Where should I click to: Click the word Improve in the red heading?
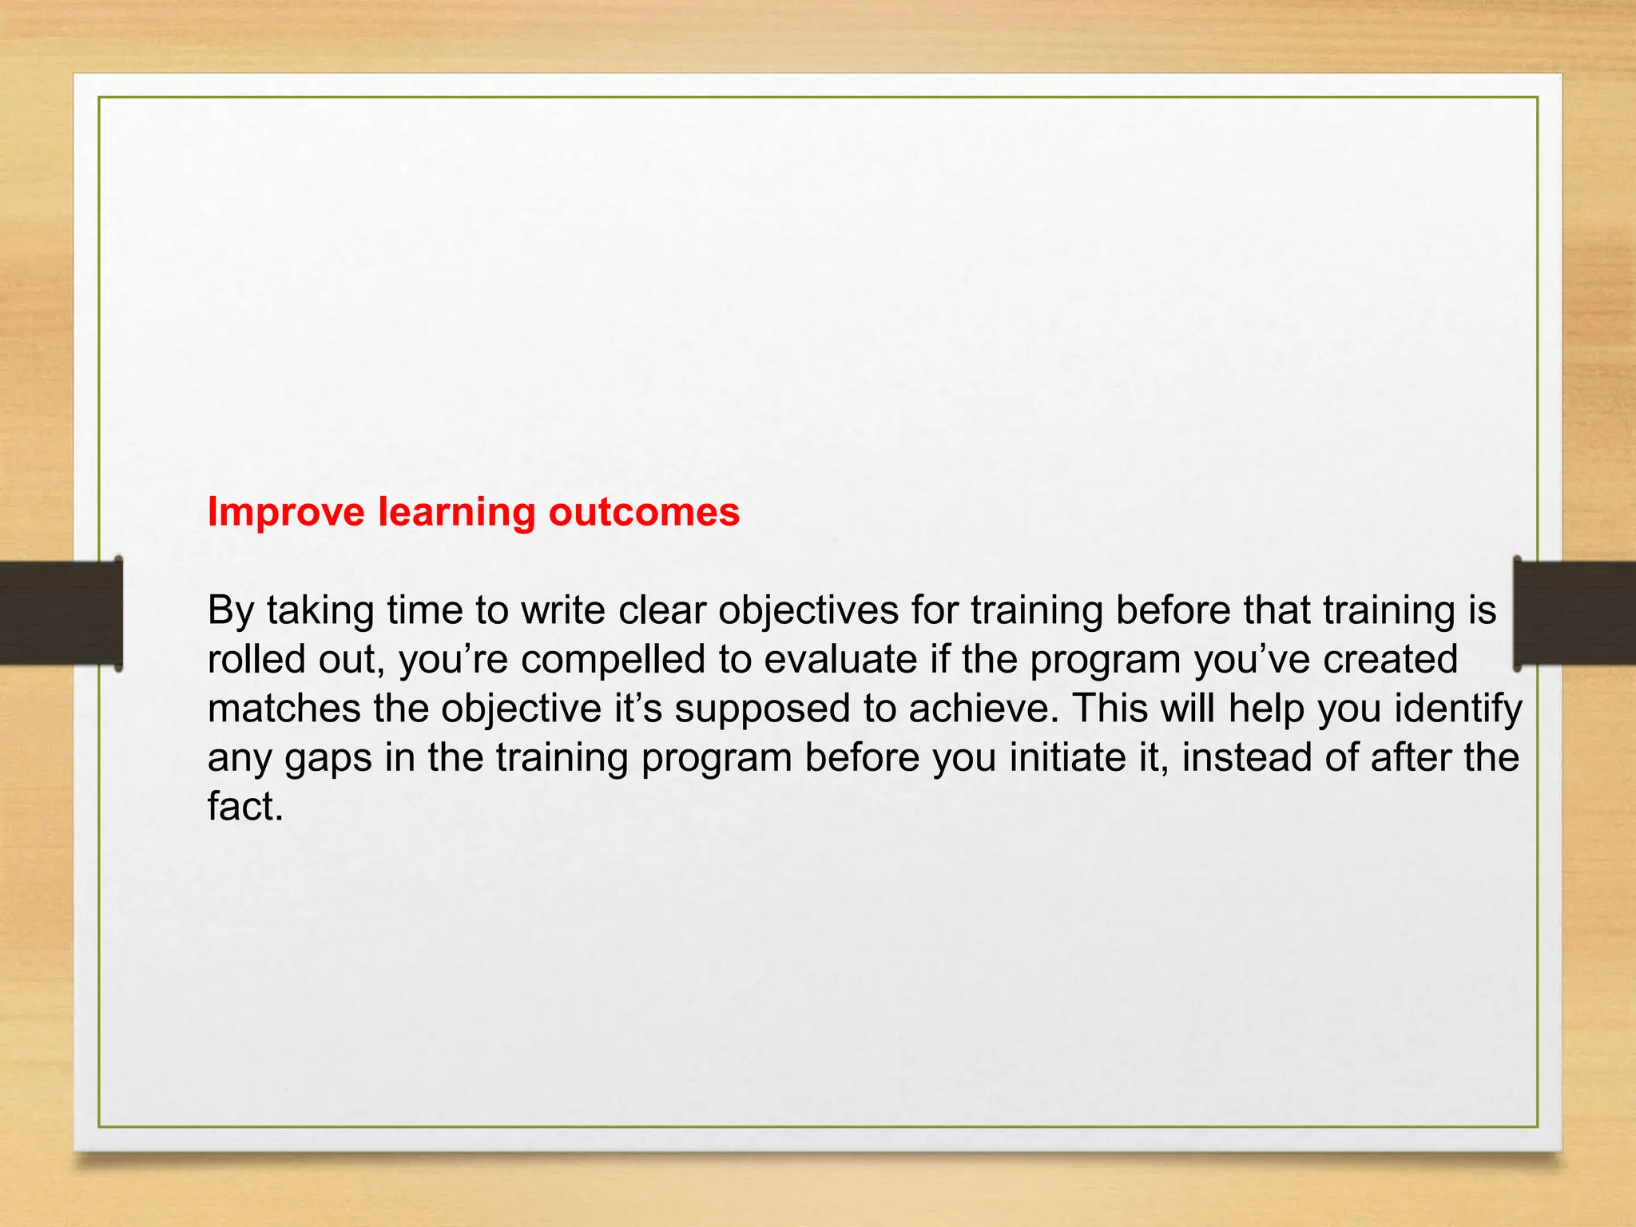click(286, 512)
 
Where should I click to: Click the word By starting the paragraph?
click(230, 611)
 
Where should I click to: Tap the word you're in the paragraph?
click(453, 660)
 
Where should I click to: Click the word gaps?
click(328, 758)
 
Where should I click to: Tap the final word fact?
click(244, 807)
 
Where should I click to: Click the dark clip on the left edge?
click(61, 613)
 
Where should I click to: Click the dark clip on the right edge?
click(1574, 613)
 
